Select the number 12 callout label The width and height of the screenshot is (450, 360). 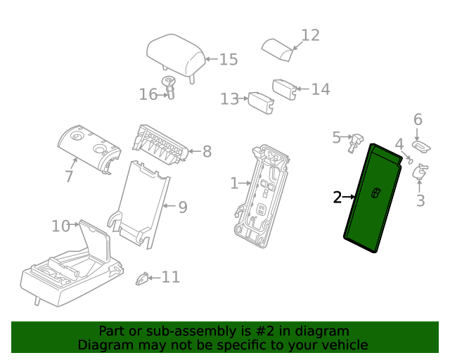(310, 35)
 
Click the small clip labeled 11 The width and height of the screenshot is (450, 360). (143, 278)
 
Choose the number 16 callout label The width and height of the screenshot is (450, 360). (148, 94)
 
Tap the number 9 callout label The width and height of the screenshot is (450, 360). (182, 207)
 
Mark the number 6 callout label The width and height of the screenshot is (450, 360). (418, 120)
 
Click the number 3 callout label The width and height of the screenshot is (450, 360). (420, 201)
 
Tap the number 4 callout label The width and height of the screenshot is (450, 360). (399, 144)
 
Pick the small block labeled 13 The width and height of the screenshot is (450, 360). (260, 102)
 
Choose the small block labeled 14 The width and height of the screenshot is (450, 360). (284, 89)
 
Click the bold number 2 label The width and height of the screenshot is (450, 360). (337, 198)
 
